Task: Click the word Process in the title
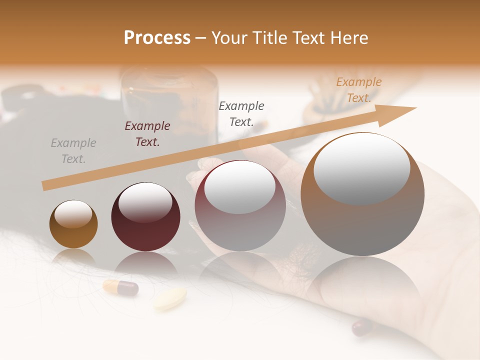[x=157, y=38]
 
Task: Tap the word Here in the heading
[x=348, y=38]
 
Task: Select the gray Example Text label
[x=73, y=151]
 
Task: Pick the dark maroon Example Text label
[x=147, y=134]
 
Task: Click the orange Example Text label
[x=358, y=90]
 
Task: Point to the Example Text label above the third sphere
[x=241, y=113]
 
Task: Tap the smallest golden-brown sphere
[x=73, y=224]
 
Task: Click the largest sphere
[x=362, y=195]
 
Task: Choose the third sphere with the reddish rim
[x=240, y=206]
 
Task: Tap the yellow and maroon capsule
[x=120, y=288]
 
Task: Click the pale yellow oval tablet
[x=170, y=298]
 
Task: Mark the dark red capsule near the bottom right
[x=362, y=328]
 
